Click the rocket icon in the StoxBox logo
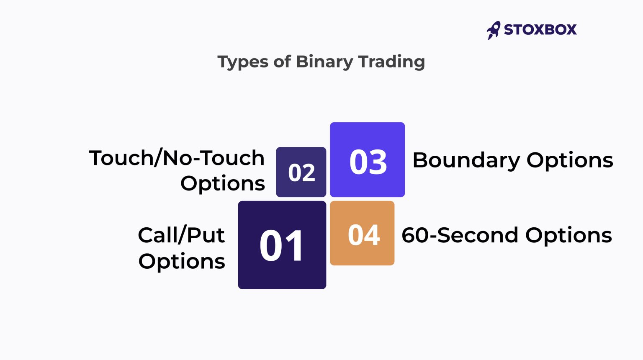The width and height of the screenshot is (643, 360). [494, 30]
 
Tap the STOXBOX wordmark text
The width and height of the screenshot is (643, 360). [540, 30]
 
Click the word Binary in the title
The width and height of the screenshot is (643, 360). [324, 62]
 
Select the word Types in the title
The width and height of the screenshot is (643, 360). [243, 62]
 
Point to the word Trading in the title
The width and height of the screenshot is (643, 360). [391, 62]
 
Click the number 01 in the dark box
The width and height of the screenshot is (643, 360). [281, 246]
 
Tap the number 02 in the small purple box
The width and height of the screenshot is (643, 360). [301, 173]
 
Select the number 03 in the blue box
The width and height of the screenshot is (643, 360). [368, 162]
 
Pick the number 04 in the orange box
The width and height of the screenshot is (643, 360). [363, 235]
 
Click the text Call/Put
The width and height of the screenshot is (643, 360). [181, 235]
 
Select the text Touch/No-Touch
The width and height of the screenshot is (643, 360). [177, 158]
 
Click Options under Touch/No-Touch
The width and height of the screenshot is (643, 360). [223, 183]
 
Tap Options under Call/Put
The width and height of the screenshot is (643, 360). [182, 262]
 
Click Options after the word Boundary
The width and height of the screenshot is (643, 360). [570, 160]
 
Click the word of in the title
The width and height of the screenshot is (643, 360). [282, 62]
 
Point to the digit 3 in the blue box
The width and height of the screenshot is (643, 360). [378, 162]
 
